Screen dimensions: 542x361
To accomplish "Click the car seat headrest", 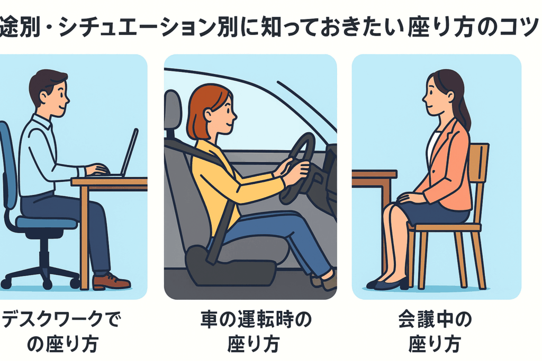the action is click(173, 110).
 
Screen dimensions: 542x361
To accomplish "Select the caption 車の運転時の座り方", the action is click(256, 331).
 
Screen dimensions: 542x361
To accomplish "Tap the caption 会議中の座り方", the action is click(435, 331).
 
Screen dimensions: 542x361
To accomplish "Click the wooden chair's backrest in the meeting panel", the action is click(480, 183).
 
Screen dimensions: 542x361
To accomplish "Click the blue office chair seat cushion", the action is click(47, 223).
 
